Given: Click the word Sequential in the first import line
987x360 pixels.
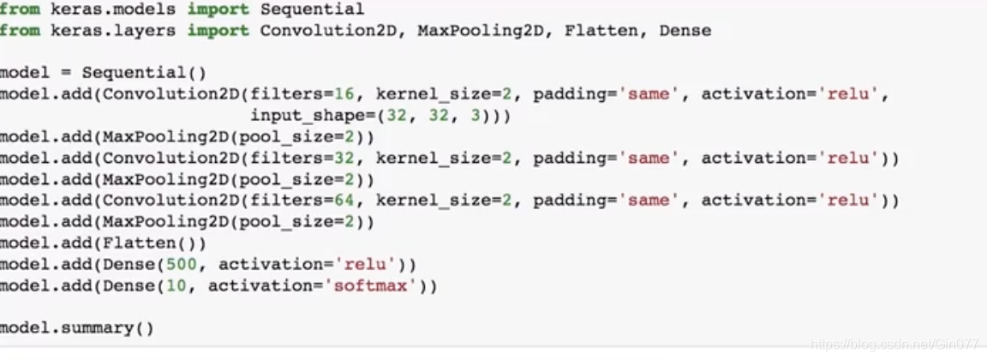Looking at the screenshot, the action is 312,9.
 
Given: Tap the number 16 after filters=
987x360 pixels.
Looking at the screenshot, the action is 355,94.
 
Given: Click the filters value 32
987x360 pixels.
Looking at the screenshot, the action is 355,158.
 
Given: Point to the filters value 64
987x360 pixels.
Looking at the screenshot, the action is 355,201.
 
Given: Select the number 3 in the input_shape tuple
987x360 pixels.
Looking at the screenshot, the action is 476,116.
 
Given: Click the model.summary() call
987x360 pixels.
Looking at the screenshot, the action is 76,327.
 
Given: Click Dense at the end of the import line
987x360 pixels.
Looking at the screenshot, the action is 685,30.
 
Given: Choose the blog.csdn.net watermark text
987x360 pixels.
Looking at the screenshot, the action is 895,344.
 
